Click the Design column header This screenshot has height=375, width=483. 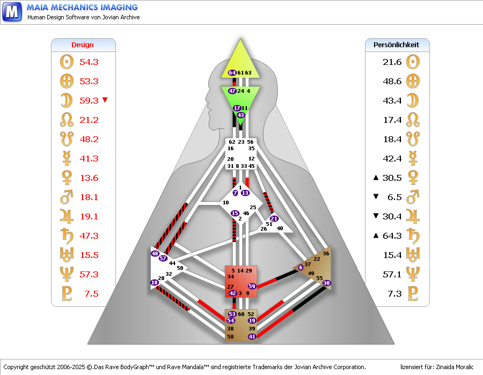[x=83, y=45]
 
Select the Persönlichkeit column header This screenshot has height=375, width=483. [x=397, y=45]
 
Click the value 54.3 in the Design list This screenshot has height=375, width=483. [x=89, y=62]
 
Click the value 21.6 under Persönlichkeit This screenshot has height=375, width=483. [x=392, y=62]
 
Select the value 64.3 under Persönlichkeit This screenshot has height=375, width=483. [x=392, y=236]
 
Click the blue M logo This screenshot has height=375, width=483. [x=12, y=11]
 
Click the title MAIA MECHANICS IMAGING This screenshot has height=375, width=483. [x=82, y=8]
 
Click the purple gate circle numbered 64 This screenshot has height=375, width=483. [x=232, y=72]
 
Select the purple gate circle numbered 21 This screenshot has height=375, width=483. [x=274, y=218]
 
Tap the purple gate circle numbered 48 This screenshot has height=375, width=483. [x=155, y=253]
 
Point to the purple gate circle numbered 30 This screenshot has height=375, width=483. [x=327, y=283]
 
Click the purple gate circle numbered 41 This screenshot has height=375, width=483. [x=252, y=336]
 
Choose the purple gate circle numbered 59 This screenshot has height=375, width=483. [x=252, y=286]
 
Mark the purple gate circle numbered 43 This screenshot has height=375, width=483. [x=240, y=115]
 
